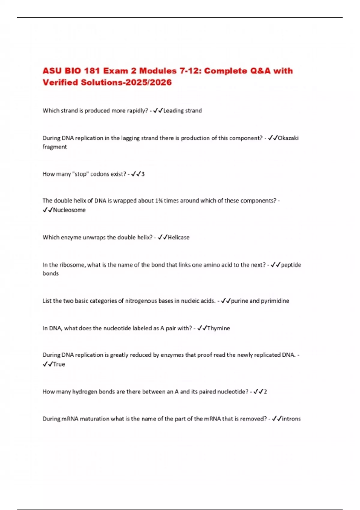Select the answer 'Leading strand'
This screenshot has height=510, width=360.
[182, 111]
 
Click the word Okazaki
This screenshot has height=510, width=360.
[288, 138]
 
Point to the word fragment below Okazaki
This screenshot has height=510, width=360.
[55, 147]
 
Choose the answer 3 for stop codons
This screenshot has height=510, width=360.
[143, 174]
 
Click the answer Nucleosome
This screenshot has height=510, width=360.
[69, 210]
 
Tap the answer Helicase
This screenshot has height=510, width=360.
[178, 237]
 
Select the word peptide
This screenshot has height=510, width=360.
[291, 265]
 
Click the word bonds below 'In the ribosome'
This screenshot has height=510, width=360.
[50, 273]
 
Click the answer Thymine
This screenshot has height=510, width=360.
[218, 328]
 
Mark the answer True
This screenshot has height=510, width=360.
[59, 364]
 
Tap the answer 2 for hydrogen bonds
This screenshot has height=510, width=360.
[265, 391]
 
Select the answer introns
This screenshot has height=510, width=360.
[291, 419]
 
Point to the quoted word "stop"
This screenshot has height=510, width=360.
[80, 174]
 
